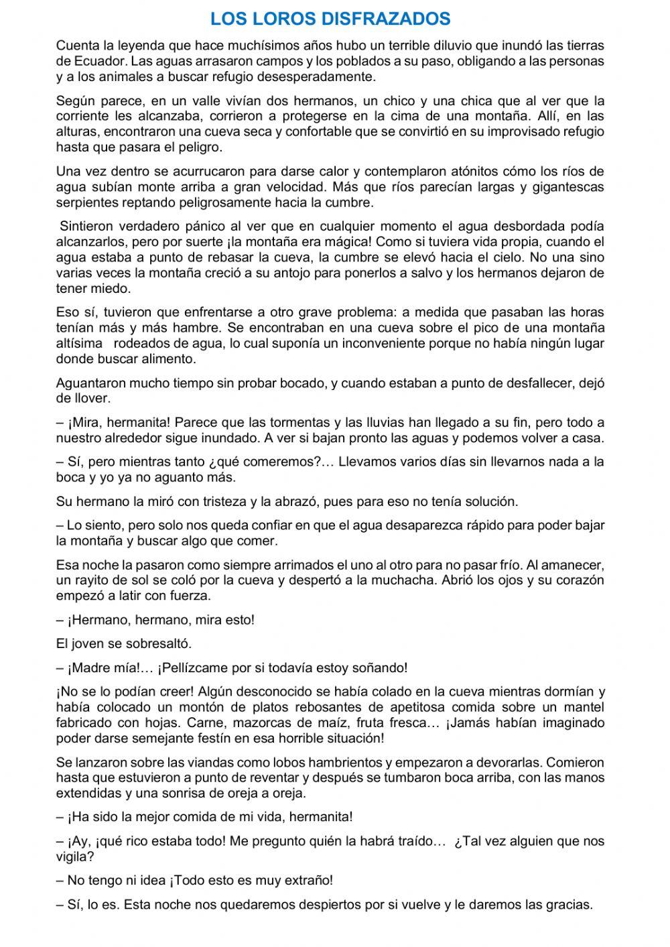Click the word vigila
pyautogui.click(x=74, y=856)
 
